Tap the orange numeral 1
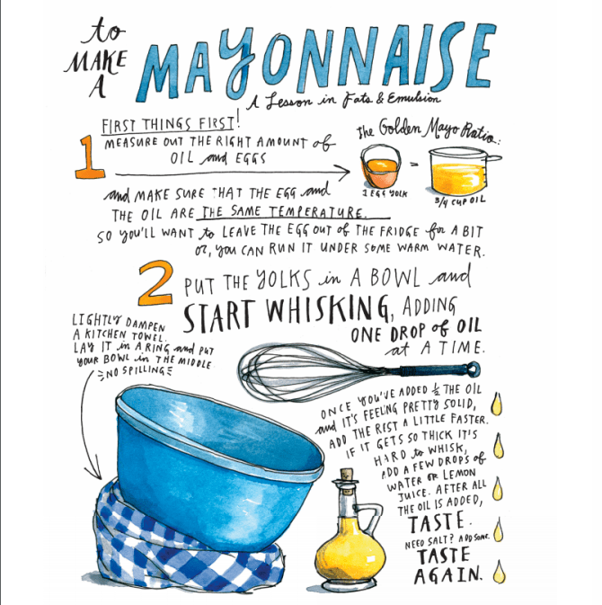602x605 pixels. pos(90,157)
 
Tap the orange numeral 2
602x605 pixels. pos(155,283)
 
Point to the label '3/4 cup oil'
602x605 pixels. pos(460,201)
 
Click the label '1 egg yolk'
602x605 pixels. pos(385,193)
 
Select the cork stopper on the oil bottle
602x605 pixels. pos(345,476)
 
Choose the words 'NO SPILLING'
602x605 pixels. pos(135,371)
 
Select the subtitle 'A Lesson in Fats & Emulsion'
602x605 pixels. pos(343,100)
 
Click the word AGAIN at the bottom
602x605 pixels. pos(447,575)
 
